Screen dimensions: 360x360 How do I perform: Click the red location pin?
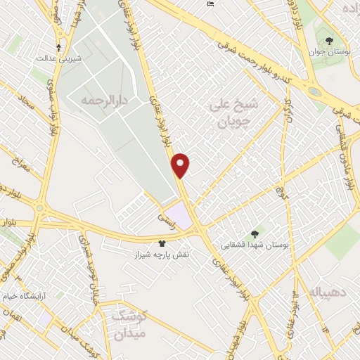tap(181, 165)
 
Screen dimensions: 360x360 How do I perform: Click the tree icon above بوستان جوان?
tap(328, 39)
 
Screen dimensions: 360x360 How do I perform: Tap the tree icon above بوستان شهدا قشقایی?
tap(255, 234)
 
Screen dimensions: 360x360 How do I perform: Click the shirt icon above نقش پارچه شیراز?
tap(164, 243)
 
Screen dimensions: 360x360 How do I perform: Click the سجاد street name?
tap(27, 105)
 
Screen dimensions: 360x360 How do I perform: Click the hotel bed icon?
tap(211, 4)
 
